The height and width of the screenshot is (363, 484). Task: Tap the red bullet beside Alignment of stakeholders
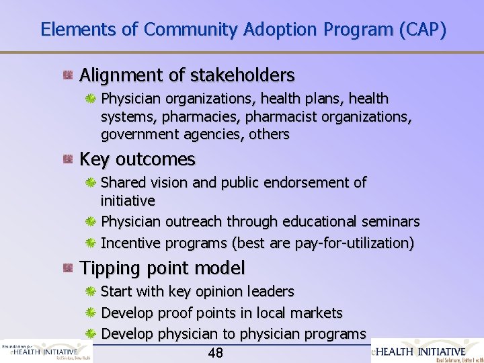click(x=68, y=74)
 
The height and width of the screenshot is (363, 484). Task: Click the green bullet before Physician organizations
click(x=91, y=99)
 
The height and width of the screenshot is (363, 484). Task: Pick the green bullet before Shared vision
click(x=91, y=183)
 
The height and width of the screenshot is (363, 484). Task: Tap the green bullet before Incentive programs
click(x=91, y=243)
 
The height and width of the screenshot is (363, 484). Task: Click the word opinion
click(x=220, y=292)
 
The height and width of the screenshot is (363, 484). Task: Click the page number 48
click(x=216, y=353)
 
